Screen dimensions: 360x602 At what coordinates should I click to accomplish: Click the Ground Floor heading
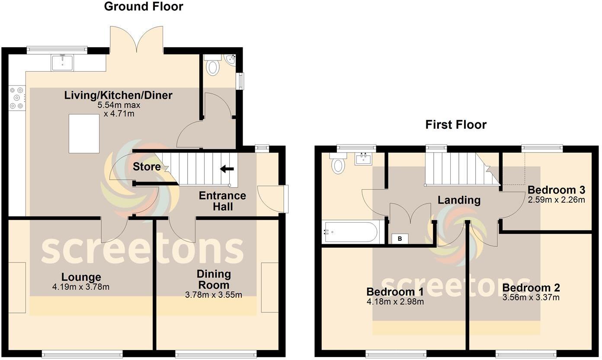(144, 7)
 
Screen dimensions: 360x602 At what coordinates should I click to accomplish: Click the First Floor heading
(456, 125)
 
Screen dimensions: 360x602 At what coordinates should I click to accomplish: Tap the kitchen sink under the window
(62, 63)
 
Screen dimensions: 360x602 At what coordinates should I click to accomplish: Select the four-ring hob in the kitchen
(17, 98)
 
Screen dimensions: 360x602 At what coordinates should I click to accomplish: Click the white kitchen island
(84, 134)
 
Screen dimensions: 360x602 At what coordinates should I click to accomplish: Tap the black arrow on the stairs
(227, 169)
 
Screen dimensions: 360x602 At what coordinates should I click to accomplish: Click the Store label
(147, 167)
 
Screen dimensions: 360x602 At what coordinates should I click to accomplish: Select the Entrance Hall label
(222, 201)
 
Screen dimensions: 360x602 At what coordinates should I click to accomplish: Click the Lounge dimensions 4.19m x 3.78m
(80, 287)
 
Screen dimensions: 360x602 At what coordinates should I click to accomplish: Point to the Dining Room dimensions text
(213, 295)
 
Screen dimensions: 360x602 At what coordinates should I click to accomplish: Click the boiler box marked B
(399, 239)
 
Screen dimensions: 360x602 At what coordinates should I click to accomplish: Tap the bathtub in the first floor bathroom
(352, 232)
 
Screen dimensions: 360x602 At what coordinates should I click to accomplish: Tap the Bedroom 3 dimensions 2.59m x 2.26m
(556, 200)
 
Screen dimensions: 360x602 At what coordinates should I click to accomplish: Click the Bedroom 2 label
(531, 288)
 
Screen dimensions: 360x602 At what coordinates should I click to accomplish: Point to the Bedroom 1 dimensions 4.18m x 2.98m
(395, 302)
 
